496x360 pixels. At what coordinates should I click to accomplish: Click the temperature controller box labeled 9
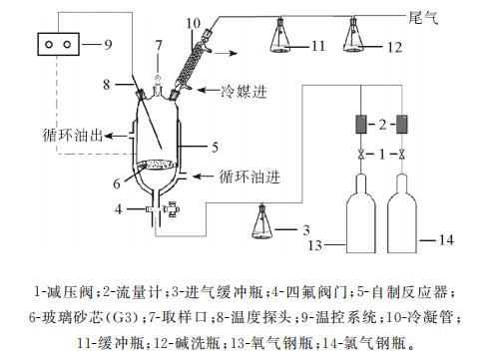click(x=58, y=44)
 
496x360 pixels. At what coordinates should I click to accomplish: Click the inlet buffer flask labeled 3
click(x=261, y=221)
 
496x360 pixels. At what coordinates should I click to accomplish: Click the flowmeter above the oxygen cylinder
click(x=361, y=125)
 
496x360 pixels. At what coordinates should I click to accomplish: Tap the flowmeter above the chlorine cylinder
click(x=402, y=125)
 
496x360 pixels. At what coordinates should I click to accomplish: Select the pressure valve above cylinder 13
click(x=361, y=155)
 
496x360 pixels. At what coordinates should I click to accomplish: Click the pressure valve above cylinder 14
click(x=402, y=155)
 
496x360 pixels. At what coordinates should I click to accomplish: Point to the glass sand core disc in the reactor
click(x=157, y=165)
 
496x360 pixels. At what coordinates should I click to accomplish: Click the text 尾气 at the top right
click(x=423, y=17)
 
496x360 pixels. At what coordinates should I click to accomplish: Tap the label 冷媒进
click(x=244, y=91)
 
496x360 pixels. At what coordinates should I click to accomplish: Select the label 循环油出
click(x=72, y=136)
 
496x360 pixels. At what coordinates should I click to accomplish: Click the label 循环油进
click(x=249, y=177)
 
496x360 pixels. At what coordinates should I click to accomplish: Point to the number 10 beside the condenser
click(x=193, y=24)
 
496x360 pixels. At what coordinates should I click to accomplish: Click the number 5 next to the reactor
click(x=216, y=147)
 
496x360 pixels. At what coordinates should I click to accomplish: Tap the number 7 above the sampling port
click(x=159, y=45)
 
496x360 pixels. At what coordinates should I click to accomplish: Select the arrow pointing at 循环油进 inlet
click(x=203, y=177)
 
